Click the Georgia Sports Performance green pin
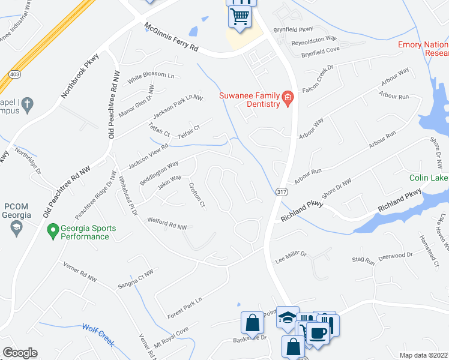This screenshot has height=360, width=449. point(53,229)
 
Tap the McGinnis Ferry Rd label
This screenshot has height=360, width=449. point(171,38)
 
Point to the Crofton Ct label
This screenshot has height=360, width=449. point(197,194)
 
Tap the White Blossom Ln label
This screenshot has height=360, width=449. point(149,76)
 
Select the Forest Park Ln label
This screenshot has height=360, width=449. point(185,307)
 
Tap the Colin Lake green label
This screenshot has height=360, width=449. point(429,178)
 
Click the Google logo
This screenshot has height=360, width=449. point(20,353)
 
